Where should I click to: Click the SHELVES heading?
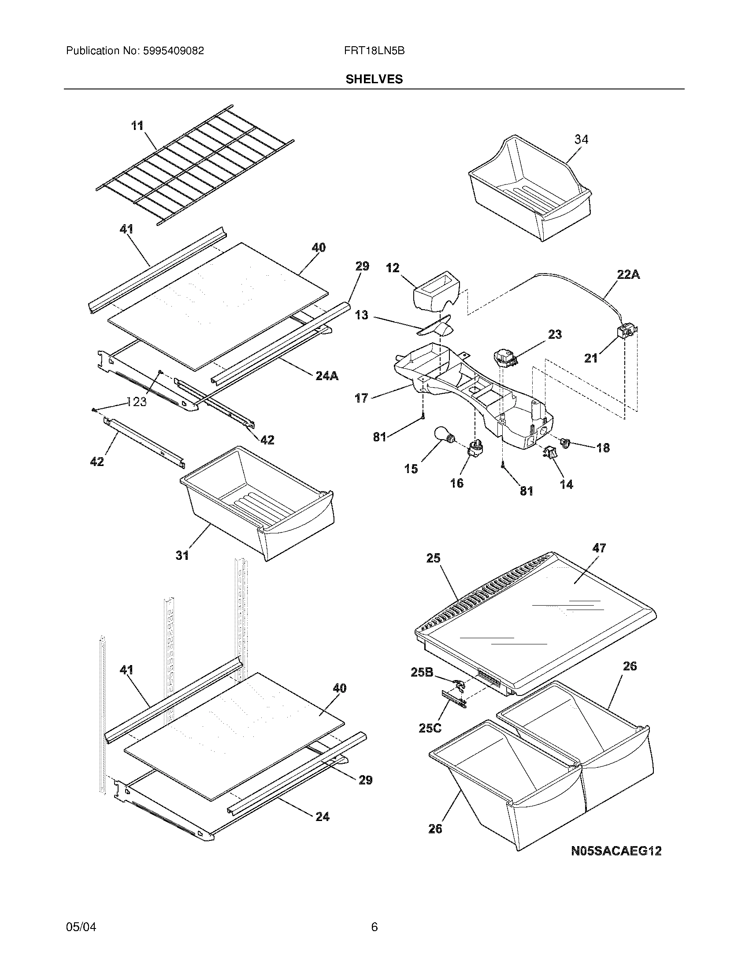tap(374, 79)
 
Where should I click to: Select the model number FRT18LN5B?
tap(374, 51)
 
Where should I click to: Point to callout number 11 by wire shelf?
tap(137, 126)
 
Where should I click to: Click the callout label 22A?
tap(628, 275)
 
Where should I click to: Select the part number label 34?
tap(581, 139)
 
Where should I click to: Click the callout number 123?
tap(136, 402)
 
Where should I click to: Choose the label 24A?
tap(327, 376)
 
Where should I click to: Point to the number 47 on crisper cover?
tap(599, 548)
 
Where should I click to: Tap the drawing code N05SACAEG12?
tap(616, 851)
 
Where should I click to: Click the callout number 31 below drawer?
tap(182, 555)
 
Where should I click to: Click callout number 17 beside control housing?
tap(361, 398)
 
